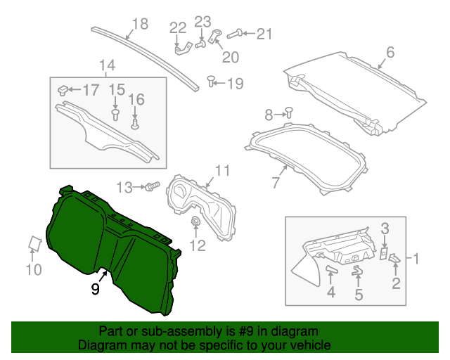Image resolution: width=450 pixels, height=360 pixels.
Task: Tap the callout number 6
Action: (x=390, y=52)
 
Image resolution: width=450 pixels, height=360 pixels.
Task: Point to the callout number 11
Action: (x=222, y=170)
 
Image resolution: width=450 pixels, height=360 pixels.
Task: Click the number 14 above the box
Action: (x=106, y=67)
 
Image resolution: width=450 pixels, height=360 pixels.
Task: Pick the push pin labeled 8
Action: (x=288, y=112)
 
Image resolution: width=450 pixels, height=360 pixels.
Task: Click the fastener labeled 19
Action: (x=211, y=82)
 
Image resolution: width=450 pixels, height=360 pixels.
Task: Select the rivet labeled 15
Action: (x=115, y=112)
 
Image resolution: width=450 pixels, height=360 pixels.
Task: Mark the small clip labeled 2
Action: (x=394, y=259)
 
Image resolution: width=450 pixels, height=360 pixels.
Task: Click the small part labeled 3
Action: (x=384, y=252)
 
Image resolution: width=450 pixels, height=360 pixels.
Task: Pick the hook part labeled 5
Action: (x=357, y=270)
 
